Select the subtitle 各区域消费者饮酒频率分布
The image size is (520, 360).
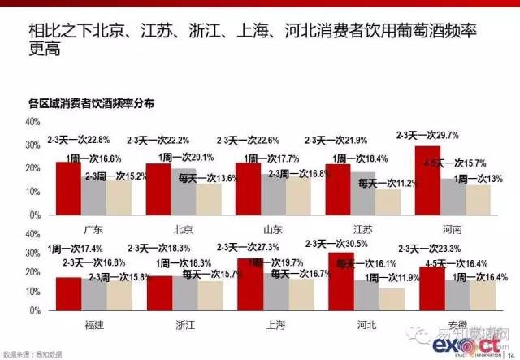coord(91,104)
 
